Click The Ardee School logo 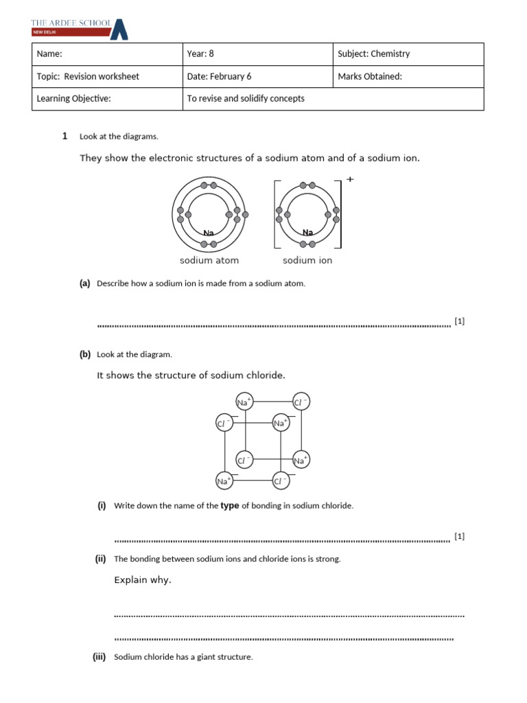tap(79, 27)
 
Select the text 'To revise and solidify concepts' tap(246, 99)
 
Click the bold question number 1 tap(65, 136)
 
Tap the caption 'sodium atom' tap(209, 261)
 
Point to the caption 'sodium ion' tap(307, 261)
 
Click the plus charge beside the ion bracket tap(350, 179)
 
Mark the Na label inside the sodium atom tap(209, 233)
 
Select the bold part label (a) tap(85, 284)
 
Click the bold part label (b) tap(85, 355)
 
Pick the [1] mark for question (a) tap(460, 321)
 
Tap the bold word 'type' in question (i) tap(230, 506)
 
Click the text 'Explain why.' tap(143, 580)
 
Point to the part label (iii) tap(99, 657)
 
